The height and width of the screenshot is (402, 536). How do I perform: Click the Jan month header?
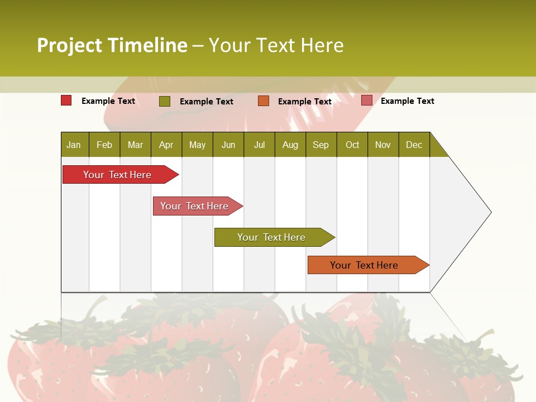pos(74,145)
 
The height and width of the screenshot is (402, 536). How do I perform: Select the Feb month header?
pos(104,145)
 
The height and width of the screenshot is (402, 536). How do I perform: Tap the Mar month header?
pos(135,145)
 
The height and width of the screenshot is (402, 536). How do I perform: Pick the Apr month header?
pos(166,145)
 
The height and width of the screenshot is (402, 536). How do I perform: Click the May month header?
pos(197,145)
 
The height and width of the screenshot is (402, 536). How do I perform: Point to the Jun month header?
pos(228,145)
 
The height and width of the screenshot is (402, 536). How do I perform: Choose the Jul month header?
pos(259,145)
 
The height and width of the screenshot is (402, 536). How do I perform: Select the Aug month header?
pos(290,145)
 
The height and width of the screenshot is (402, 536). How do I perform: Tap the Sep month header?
pos(321,145)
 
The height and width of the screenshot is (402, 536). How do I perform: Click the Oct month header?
pos(352,145)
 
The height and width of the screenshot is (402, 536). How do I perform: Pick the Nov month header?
pos(383,145)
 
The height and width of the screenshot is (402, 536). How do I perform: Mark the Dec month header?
pos(414,145)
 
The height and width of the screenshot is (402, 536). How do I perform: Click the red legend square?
pos(66,100)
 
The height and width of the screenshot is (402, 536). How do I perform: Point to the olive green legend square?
pos(165,101)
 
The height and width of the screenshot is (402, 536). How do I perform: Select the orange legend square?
pos(264,100)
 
